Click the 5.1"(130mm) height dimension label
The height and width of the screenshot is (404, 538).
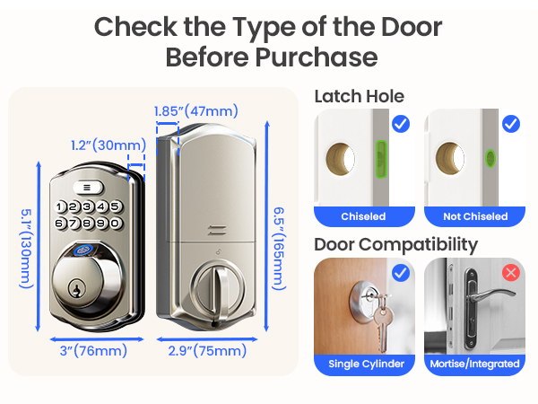(26, 242)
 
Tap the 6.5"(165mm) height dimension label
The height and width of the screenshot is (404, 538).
(280, 242)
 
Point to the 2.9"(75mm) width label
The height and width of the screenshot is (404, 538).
(207, 349)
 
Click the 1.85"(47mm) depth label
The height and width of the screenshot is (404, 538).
(195, 111)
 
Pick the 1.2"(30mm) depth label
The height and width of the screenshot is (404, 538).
(108, 145)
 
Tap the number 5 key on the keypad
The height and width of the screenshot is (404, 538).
(116, 206)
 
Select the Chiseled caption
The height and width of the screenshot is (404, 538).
(363, 216)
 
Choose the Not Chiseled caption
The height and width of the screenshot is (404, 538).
(475, 216)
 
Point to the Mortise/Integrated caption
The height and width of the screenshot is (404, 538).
(475, 364)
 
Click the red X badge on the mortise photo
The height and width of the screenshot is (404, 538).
(511, 271)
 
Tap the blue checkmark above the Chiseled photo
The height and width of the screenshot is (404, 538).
(401, 123)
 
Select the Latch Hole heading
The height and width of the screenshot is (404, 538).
(359, 96)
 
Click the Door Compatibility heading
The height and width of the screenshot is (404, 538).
(395, 243)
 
